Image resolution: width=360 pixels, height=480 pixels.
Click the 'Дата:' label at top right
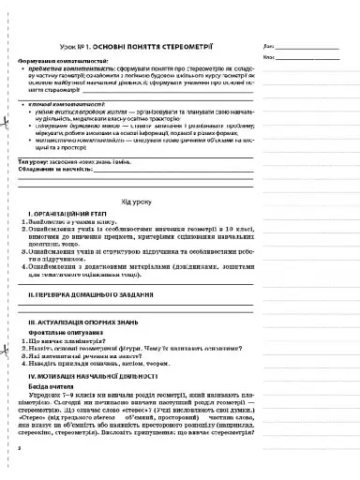270,46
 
